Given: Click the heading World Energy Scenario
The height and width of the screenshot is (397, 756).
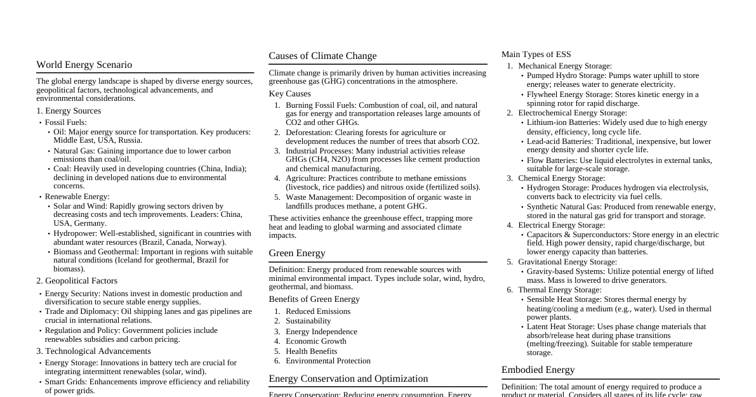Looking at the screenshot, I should coord(84,65).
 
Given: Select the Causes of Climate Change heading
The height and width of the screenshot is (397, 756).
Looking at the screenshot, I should coord(322,56).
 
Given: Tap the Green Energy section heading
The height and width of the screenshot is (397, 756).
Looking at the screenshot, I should coord(296,253).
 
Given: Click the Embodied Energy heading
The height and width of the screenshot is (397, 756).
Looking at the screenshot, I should coord(538,370).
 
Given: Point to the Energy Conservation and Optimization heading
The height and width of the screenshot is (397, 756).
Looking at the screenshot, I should coord(348,379).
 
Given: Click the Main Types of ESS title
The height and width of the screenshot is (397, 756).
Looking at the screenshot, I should coord(536,55).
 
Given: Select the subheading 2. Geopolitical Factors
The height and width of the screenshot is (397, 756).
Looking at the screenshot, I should coord(77,281).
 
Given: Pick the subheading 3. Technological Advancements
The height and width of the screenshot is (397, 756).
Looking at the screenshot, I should coord(93,351).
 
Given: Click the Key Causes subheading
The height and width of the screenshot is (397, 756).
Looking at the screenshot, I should coord(289,94).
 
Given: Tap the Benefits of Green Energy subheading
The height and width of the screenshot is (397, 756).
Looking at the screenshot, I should coord(314,299).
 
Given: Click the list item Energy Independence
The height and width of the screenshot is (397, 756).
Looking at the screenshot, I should coord(321,332).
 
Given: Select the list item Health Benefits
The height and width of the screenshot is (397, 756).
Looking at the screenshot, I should coord(311,351).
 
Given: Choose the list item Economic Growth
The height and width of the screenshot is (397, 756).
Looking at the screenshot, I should coord(315,341).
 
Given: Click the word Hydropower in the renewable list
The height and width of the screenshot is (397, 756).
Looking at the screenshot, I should coord(74,233).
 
